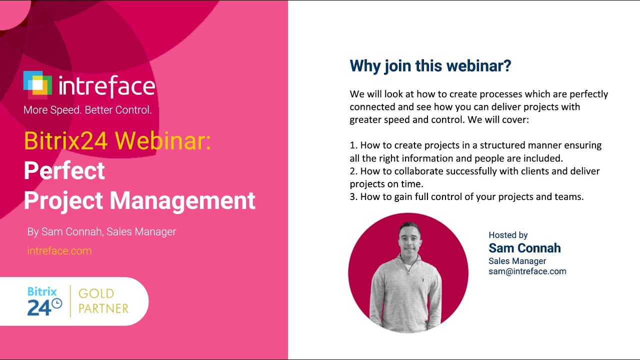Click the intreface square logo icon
pyautogui.click(x=37, y=84)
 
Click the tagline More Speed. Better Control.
pyautogui.click(x=87, y=110)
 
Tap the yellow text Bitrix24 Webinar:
pyautogui.click(x=117, y=142)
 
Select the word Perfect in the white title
pyautogui.click(x=64, y=171)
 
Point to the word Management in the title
pyautogui.click(x=182, y=200)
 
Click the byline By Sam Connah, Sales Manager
pyautogui.click(x=101, y=232)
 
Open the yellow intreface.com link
pyautogui.click(x=59, y=251)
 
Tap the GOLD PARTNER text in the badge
pyautogui.click(x=103, y=301)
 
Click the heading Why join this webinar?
pyautogui.click(x=430, y=66)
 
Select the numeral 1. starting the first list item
pyautogui.click(x=353, y=145)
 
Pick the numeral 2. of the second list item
pyautogui.click(x=353, y=171)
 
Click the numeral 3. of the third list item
pyautogui.click(x=353, y=197)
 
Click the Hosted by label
pyautogui.click(x=508, y=235)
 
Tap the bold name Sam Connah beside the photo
pyautogui.click(x=524, y=248)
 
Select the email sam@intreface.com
pyautogui.click(x=527, y=271)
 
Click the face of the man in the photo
pyautogui.click(x=409, y=239)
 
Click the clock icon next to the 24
pyautogui.click(x=57, y=303)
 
